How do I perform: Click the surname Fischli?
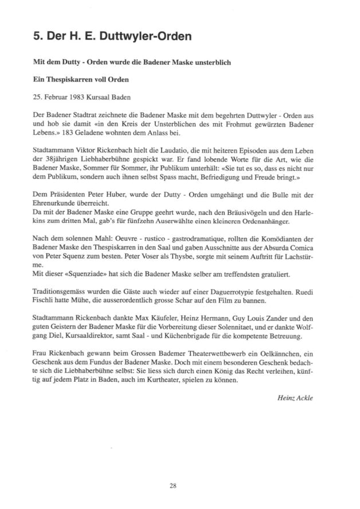(x=45, y=304)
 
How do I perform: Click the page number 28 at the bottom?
(x=173, y=486)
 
